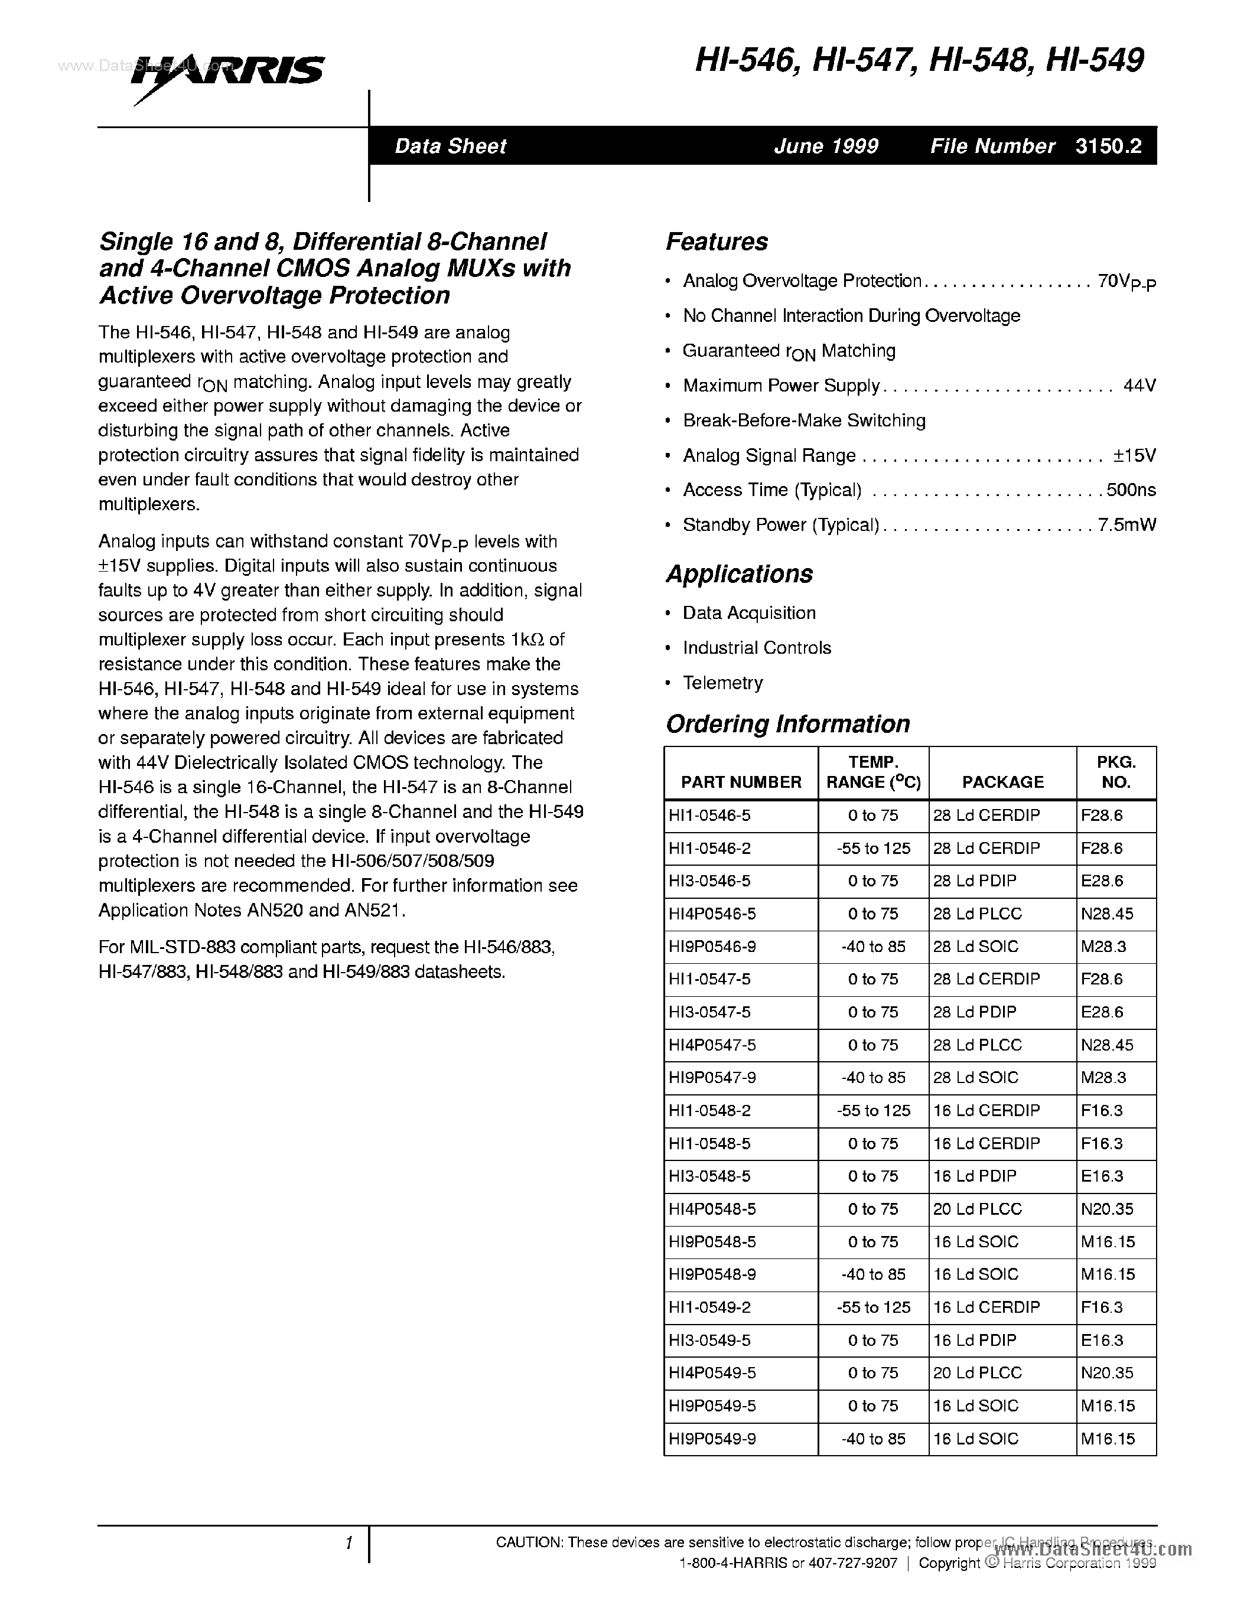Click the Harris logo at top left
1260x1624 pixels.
click(x=227, y=74)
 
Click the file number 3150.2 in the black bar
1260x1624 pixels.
click(x=1108, y=146)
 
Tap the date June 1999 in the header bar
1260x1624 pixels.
click(x=826, y=146)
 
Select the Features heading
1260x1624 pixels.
click(x=717, y=242)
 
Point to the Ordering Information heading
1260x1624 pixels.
click(x=787, y=723)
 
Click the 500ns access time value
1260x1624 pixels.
click(x=1131, y=490)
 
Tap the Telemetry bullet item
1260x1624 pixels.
click(x=722, y=683)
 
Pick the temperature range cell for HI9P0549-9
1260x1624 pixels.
click(x=873, y=1438)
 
